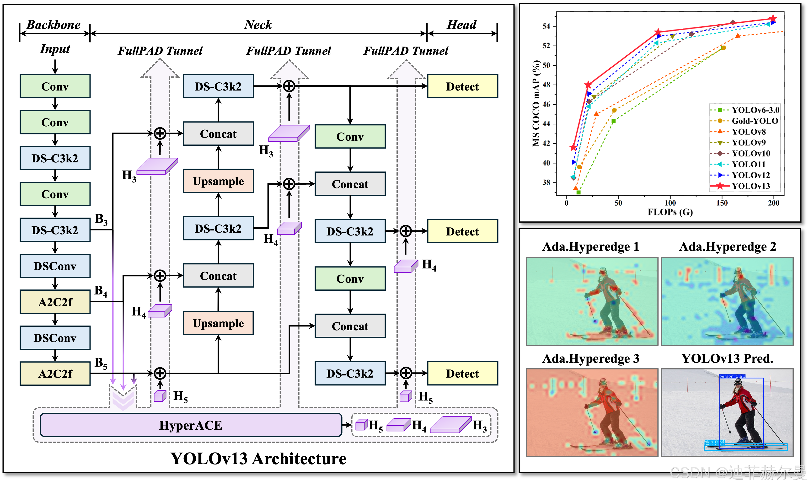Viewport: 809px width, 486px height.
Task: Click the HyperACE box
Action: (x=191, y=425)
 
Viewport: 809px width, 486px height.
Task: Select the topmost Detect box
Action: (x=462, y=86)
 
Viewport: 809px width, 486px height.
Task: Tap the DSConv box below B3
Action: (x=55, y=266)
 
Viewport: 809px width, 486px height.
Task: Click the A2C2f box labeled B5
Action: (x=55, y=374)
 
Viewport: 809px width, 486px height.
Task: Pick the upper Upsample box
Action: (x=218, y=181)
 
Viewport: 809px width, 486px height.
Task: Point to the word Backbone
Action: (x=54, y=25)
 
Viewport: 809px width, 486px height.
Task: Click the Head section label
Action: (x=461, y=25)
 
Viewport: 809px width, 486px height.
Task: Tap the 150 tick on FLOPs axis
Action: (x=722, y=203)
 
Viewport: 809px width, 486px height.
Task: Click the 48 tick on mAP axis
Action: (x=546, y=85)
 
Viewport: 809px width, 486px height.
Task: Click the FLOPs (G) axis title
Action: (x=670, y=212)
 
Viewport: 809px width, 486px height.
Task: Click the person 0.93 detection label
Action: (x=732, y=376)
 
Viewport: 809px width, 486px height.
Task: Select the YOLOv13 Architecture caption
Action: (x=258, y=459)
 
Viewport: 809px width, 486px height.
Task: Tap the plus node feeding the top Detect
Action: (x=289, y=86)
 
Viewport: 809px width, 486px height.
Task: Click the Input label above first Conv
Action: (x=55, y=49)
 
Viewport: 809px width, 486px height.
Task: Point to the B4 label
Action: (x=101, y=290)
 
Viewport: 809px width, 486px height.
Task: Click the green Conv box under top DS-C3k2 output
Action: (x=350, y=137)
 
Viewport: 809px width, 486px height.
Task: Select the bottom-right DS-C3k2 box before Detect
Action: (x=350, y=373)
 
